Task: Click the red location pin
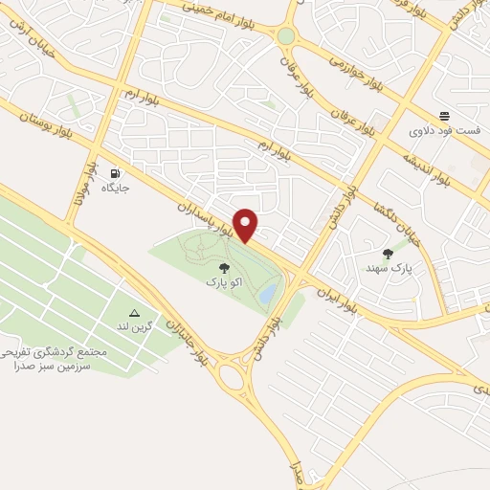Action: (247, 225)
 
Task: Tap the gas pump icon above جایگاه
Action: (115, 174)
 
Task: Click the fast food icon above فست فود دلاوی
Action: (443, 114)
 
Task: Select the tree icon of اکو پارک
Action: (224, 269)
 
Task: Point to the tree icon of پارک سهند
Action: (388, 254)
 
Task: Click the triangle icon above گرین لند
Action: (134, 313)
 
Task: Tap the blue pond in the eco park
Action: (269, 291)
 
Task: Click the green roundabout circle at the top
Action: (286, 36)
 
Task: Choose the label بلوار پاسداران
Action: (205, 219)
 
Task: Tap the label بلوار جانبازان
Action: (188, 340)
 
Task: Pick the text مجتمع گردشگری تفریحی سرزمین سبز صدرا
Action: (55, 359)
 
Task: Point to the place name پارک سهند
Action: (388, 271)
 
